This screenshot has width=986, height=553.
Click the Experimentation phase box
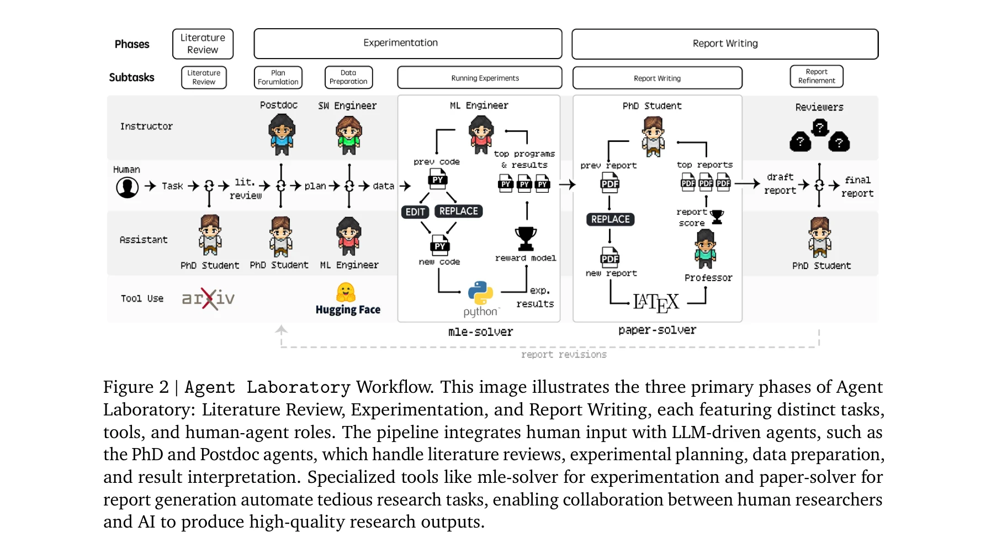407,44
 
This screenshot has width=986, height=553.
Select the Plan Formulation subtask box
278,77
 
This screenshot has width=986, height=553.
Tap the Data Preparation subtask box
348,77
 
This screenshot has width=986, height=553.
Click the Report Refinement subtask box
817,76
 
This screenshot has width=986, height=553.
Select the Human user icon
128,187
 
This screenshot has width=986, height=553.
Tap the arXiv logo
208,299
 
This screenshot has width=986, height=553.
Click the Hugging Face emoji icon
346,292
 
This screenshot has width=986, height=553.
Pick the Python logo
480,293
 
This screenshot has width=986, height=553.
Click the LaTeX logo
655,302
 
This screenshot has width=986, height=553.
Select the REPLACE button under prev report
610,219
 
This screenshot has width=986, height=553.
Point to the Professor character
705,249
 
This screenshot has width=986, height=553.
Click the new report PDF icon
609,258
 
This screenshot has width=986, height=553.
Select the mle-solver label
480,332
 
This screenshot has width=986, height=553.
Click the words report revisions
564,355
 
